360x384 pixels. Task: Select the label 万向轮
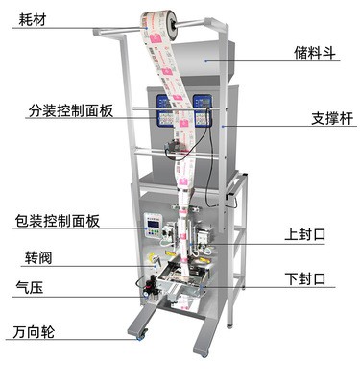click(35, 333)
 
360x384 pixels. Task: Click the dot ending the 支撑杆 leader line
click(223, 124)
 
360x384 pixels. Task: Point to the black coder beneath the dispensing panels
click(174, 150)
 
